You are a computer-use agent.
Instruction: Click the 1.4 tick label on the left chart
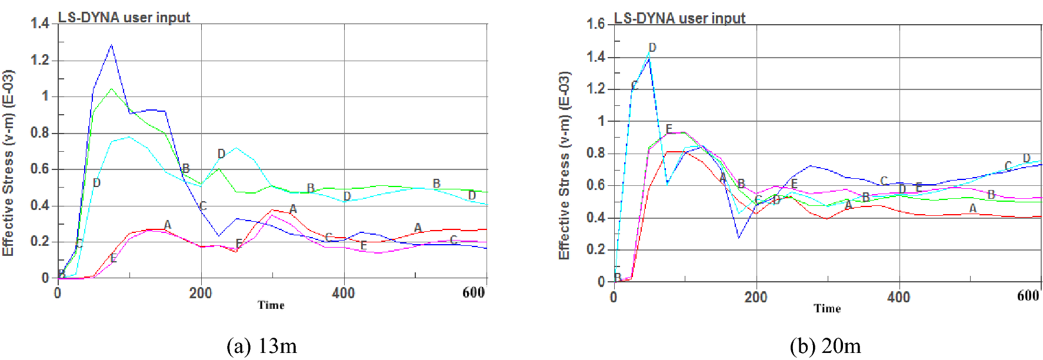pos(39,24)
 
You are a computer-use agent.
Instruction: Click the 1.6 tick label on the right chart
pos(595,24)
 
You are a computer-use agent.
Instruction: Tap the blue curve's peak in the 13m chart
pos(111,45)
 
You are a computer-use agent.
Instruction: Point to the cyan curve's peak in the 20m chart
pos(649,54)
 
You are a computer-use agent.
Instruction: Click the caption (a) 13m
pos(262,346)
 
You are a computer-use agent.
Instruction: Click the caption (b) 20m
pos(825,346)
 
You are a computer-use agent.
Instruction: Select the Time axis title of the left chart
pos(271,305)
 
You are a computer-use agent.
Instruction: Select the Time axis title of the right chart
pos(827,308)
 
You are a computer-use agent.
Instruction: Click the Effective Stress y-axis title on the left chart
pos(8,163)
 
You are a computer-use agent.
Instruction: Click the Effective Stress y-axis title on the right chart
pos(564,165)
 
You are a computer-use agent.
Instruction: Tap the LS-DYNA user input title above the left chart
pos(124,17)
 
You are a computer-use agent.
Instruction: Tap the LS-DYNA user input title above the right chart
pos(679,18)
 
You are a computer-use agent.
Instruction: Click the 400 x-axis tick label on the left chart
pos(343,293)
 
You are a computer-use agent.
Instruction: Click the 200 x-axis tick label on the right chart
pos(756,296)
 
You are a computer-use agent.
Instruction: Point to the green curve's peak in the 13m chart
pos(111,89)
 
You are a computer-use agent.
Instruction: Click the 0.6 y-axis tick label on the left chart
pos(39,169)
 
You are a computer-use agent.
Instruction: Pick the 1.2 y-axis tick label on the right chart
pos(595,88)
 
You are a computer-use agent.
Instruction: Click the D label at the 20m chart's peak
pos(652,47)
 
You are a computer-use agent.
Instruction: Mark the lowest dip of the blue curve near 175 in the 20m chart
pos(739,237)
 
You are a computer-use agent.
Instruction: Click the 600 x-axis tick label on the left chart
pos(474,293)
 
